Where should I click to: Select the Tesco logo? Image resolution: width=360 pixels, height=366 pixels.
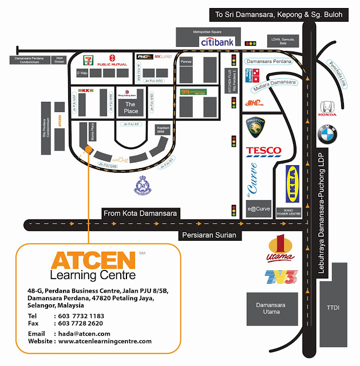coord(263,151)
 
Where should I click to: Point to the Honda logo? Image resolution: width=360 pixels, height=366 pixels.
coord(327,108)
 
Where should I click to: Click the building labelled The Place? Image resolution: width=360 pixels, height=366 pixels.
coord(131,108)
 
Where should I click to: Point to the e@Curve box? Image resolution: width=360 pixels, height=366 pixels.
coord(259,209)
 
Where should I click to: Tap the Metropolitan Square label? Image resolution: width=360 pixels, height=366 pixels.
coord(207,33)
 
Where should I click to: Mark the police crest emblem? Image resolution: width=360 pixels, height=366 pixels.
coord(141,185)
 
